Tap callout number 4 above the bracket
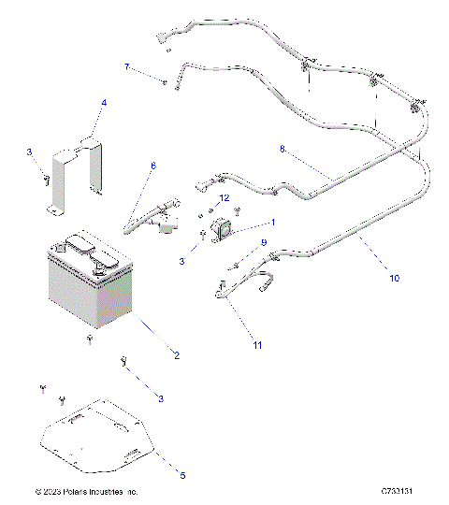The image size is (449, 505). click(104, 102)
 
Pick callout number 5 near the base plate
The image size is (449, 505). click(182, 475)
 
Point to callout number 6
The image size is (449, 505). click(153, 166)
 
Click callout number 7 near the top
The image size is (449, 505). click(127, 66)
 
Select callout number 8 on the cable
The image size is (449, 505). click(282, 149)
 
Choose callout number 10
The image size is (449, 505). click(394, 278)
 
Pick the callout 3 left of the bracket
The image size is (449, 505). click(29, 151)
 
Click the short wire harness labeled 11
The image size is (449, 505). click(239, 290)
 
